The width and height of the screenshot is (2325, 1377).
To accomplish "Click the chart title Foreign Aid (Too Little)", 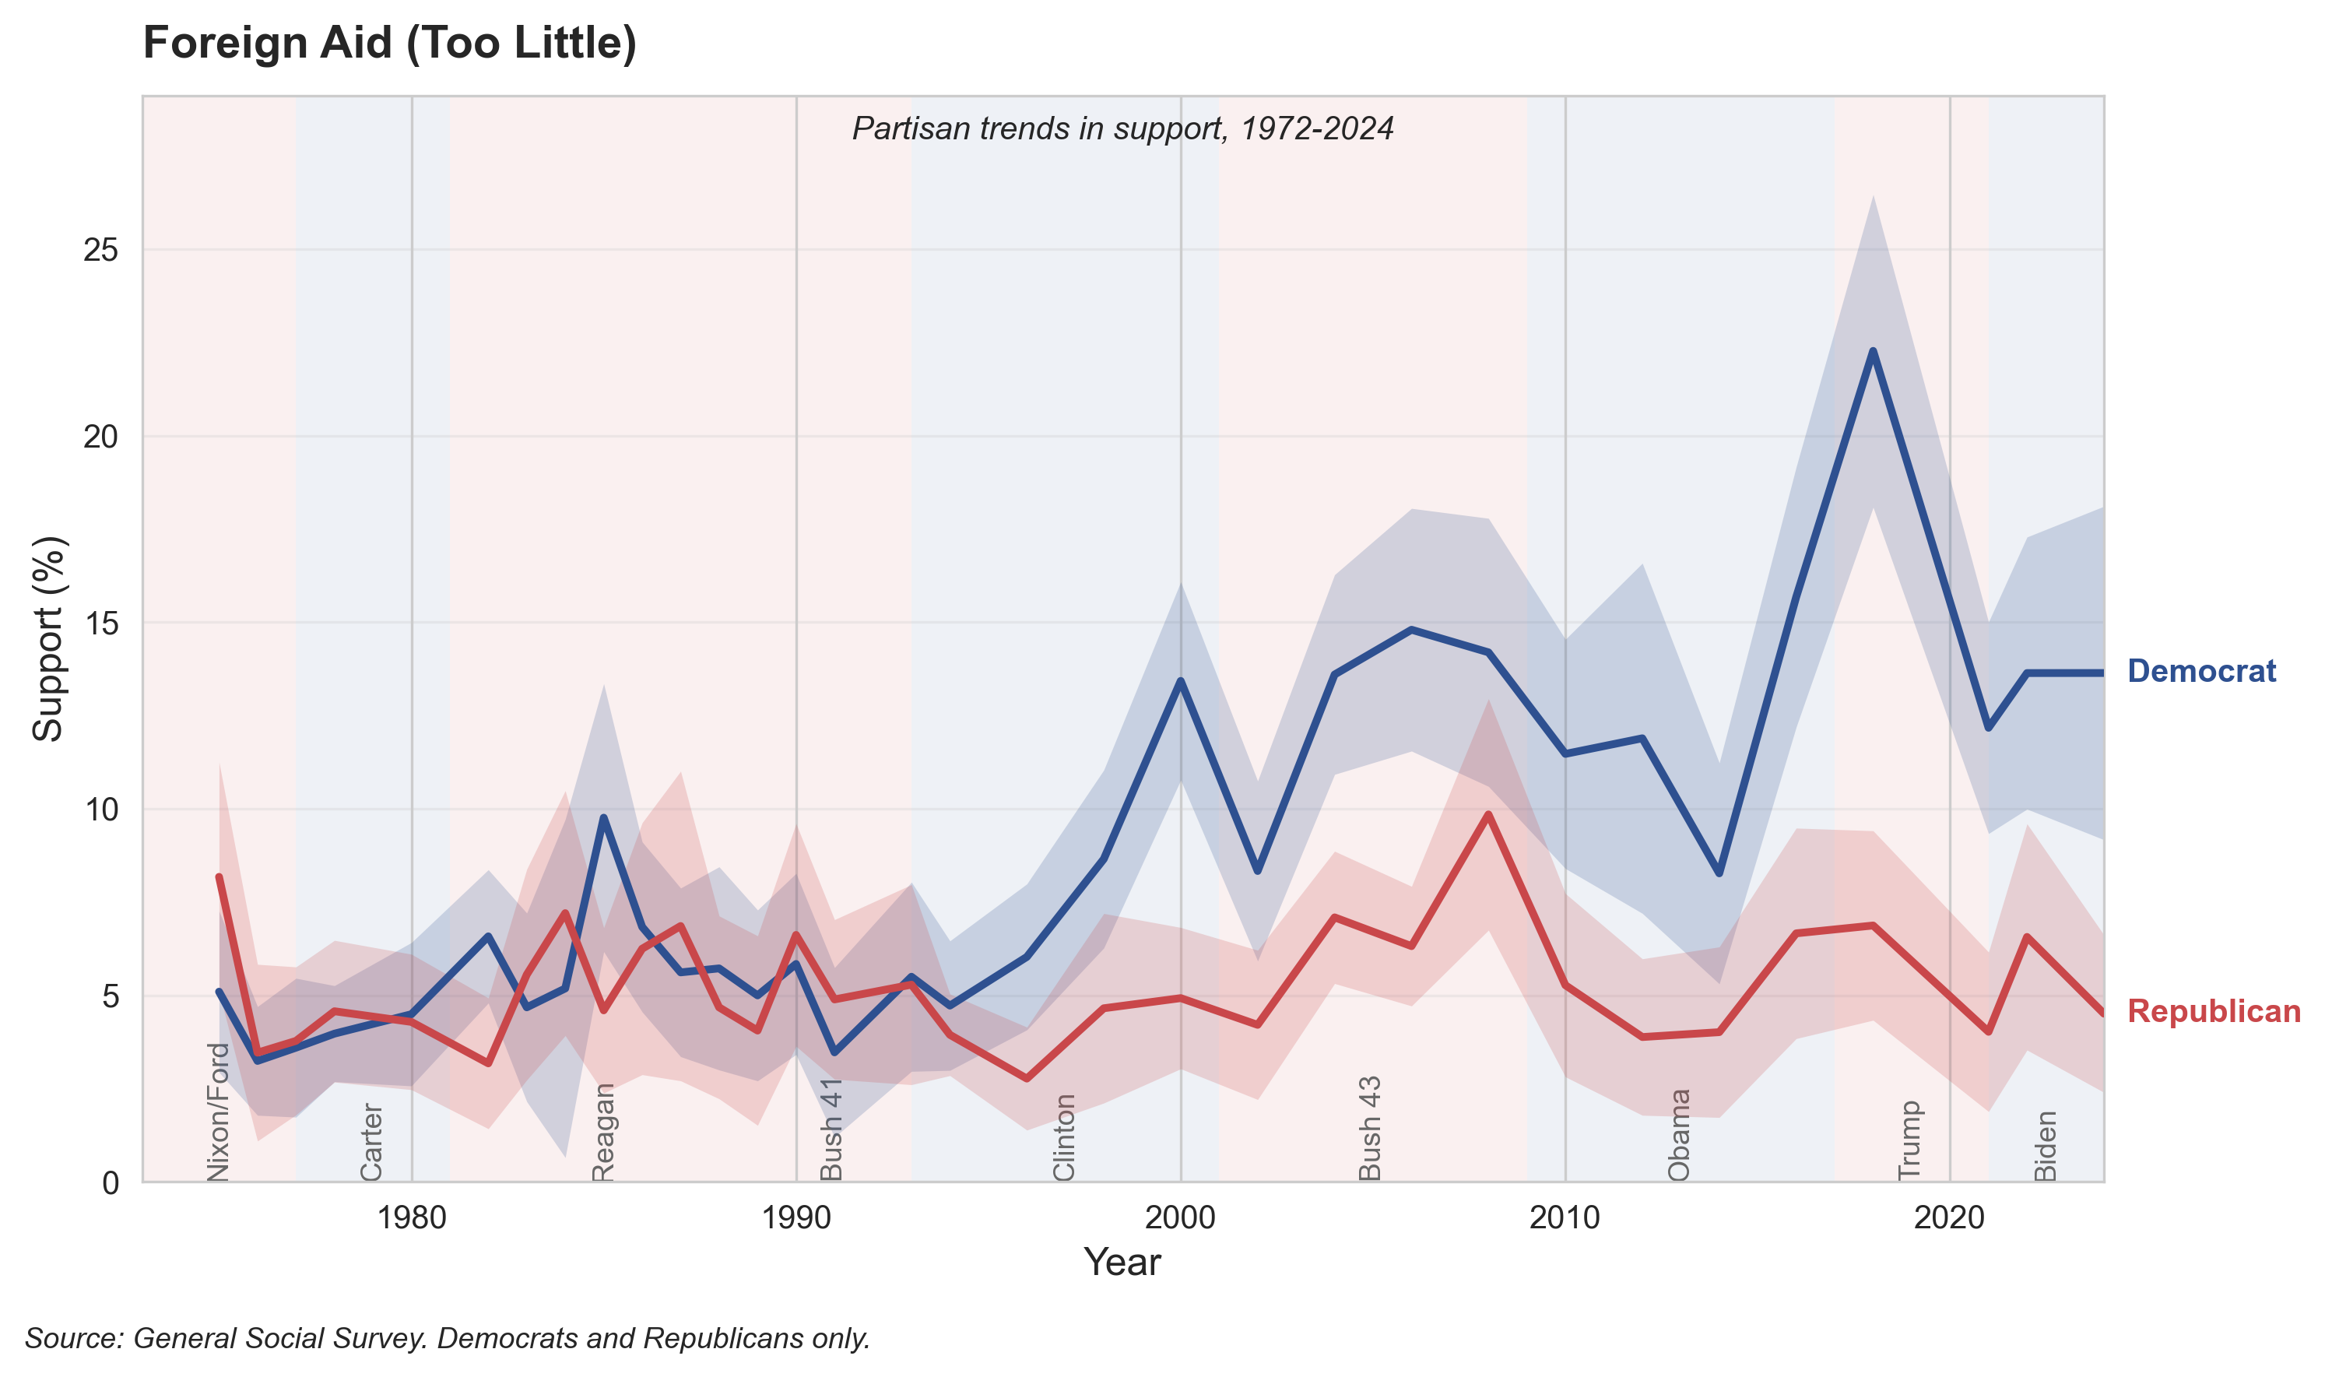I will click(390, 44).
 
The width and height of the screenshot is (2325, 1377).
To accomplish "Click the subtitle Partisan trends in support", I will click(1122, 128).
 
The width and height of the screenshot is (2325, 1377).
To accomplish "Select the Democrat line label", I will click(2200, 671).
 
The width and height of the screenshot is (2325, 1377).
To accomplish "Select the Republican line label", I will click(2213, 1011).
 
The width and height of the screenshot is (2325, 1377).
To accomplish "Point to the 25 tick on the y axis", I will click(101, 251).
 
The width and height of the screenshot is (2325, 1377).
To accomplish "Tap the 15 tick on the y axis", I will click(101, 624).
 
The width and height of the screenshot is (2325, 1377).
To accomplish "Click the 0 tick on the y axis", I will click(111, 1183).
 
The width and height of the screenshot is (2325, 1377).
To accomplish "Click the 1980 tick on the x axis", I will click(412, 1217).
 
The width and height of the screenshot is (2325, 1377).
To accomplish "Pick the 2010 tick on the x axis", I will click(1565, 1217).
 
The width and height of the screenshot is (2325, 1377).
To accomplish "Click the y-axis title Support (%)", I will click(48, 638).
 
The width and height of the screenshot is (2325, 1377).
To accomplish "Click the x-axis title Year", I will click(1122, 1263).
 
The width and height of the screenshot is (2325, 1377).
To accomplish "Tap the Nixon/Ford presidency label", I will click(217, 1112).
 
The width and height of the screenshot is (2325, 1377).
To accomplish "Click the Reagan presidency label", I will click(603, 1132).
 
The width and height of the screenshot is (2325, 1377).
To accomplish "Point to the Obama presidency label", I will click(1678, 1135).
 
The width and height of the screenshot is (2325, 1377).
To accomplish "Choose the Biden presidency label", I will click(2045, 1146).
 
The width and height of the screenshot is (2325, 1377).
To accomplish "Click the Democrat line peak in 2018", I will click(1874, 351).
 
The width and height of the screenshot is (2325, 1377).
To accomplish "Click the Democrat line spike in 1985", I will click(604, 817).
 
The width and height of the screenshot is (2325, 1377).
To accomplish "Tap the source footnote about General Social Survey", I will click(448, 1338).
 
